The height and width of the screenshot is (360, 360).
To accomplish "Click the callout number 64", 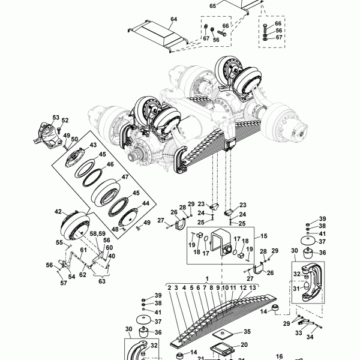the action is pos(174,19).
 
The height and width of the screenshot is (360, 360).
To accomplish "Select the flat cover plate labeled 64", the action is pos(158,36).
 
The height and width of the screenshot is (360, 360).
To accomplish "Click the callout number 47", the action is pos(125,177).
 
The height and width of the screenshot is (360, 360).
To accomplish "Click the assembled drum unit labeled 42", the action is pos(76,225).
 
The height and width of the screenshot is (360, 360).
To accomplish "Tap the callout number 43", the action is pos(93,145).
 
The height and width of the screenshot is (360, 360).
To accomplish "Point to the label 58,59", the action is pos(98,233).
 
